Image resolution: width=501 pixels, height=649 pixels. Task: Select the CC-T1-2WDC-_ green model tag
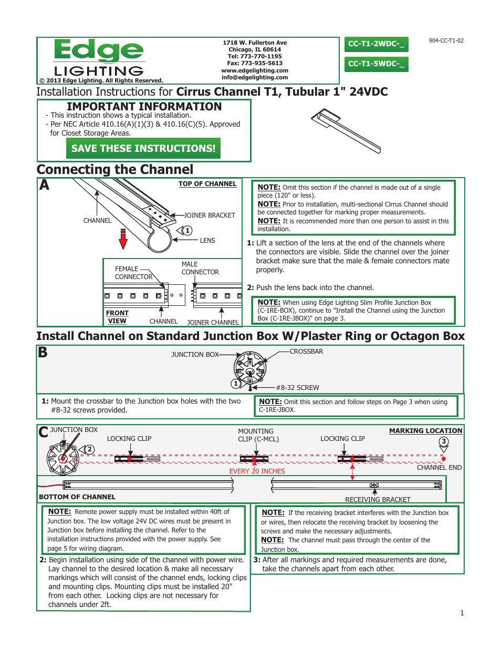point(376,44)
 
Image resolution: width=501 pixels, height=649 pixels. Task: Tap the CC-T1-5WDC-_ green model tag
point(376,64)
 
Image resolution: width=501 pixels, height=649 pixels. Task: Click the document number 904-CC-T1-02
point(446,40)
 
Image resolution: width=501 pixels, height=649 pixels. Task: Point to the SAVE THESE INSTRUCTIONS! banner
point(143,149)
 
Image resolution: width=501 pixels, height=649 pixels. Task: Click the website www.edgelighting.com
point(255,70)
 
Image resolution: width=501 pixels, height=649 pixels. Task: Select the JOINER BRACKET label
point(209,215)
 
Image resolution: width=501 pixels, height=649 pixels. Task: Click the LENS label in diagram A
point(207,241)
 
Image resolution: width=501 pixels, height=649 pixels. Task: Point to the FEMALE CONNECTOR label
point(133,273)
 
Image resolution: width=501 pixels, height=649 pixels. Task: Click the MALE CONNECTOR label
point(200,268)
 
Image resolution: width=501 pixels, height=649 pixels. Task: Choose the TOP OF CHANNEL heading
point(207,184)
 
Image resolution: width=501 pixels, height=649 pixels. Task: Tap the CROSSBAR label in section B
point(306,352)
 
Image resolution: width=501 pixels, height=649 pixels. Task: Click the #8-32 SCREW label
point(297,388)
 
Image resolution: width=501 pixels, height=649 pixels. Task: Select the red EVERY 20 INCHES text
point(257,471)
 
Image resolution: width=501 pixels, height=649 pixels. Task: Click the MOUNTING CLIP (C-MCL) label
point(258,435)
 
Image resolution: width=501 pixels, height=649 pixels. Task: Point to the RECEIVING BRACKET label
point(378,500)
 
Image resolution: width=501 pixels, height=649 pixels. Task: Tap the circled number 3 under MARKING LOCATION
point(444,441)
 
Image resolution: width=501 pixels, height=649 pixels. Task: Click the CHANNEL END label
point(439,468)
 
